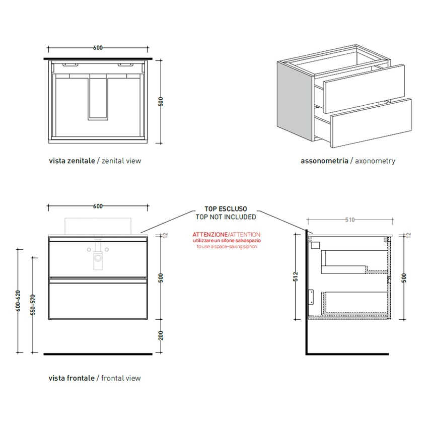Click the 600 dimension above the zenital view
[x=98, y=48]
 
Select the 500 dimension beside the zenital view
[x=161, y=101]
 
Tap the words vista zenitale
[x=72, y=161]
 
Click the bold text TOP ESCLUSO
[x=226, y=209]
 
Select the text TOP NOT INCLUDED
[x=226, y=217]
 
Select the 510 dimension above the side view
[x=350, y=220]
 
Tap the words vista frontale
[x=72, y=378]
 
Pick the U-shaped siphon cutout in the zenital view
[x=98, y=98]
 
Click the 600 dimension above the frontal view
[x=98, y=206]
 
